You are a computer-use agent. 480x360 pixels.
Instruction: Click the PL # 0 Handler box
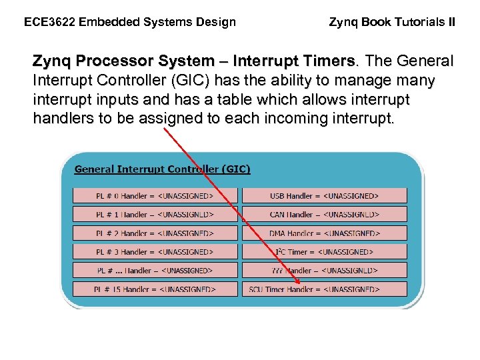coord(155,196)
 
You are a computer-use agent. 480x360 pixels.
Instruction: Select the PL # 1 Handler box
coord(155,215)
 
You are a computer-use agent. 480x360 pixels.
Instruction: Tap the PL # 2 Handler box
coord(155,233)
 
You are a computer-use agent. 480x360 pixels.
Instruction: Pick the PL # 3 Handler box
coord(155,252)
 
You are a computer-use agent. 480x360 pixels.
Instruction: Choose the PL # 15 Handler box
coord(155,289)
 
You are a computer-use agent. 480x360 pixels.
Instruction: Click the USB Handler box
coord(324,196)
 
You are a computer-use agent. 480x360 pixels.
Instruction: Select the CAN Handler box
coord(324,215)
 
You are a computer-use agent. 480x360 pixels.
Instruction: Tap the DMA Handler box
coord(324,233)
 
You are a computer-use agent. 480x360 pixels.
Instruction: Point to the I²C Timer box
coord(324,252)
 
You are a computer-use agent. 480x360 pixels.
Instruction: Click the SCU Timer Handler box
coord(324,289)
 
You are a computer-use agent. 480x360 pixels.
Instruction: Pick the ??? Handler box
coord(324,271)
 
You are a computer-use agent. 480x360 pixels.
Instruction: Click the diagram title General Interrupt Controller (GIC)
coord(162,169)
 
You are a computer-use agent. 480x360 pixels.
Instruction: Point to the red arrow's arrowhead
coord(297,287)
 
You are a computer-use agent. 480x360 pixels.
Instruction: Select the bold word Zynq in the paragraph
coord(53,61)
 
